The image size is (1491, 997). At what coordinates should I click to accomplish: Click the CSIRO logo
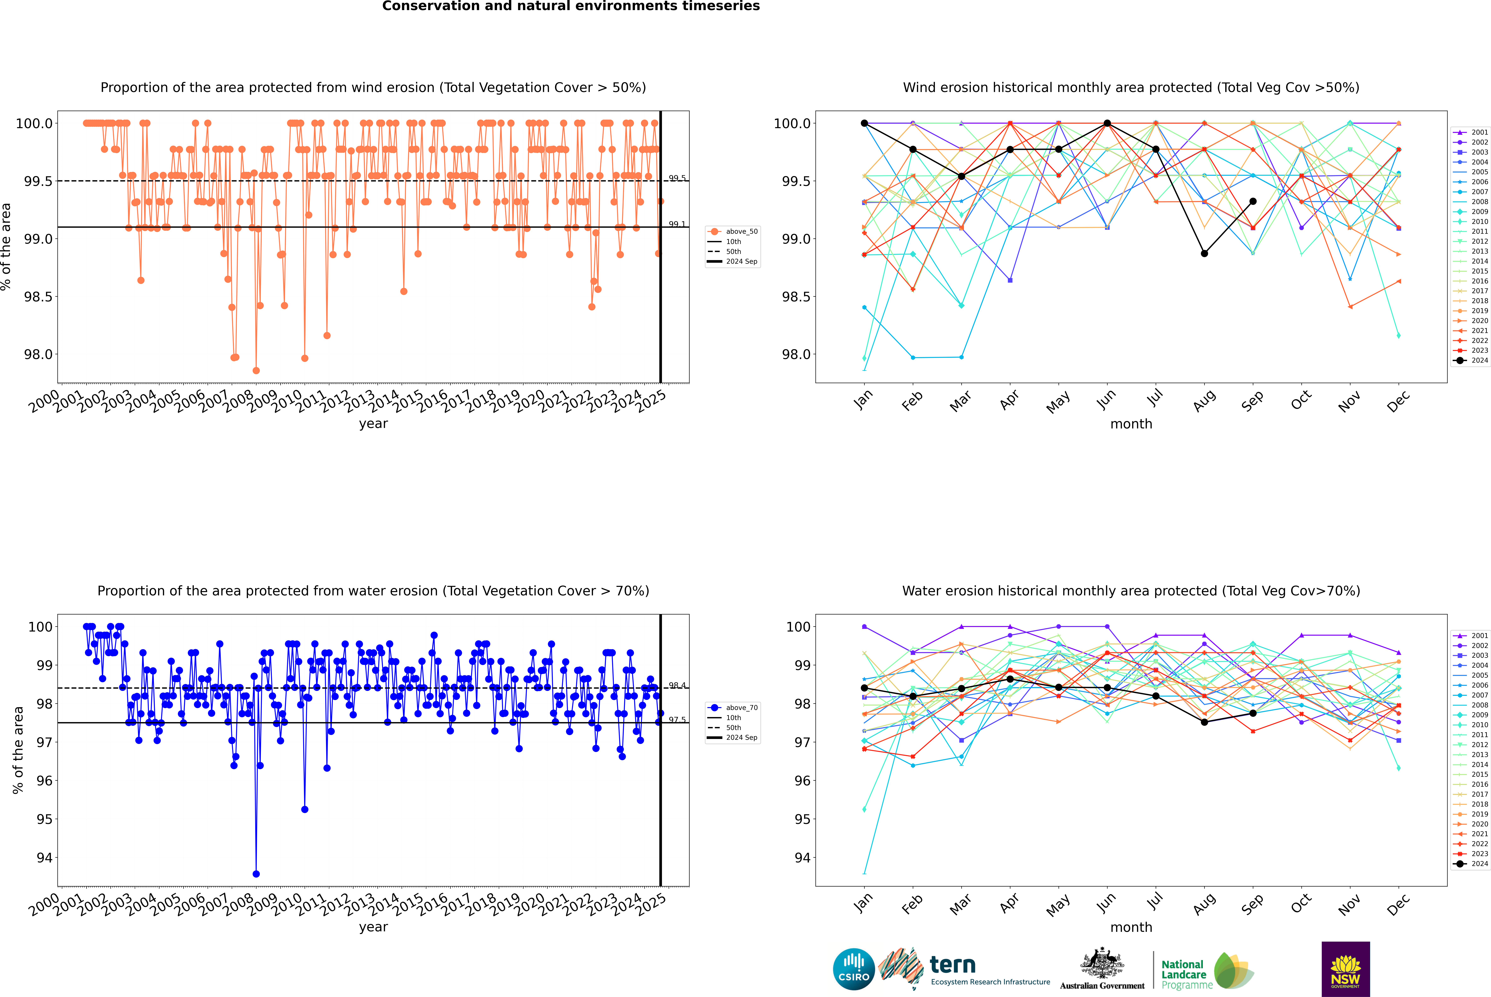pyautogui.click(x=854, y=969)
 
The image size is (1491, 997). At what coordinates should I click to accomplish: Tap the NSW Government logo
pyautogui.click(x=1345, y=969)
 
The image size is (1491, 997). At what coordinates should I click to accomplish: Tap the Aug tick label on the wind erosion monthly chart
pyautogui.click(x=1204, y=401)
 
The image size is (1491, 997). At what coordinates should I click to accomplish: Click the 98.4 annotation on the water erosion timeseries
pyautogui.click(x=677, y=685)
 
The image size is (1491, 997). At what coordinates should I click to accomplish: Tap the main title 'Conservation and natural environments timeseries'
pyautogui.click(x=571, y=6)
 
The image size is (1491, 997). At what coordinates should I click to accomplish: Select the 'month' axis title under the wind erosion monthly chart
pyautogui.click(x=1131, y=424)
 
